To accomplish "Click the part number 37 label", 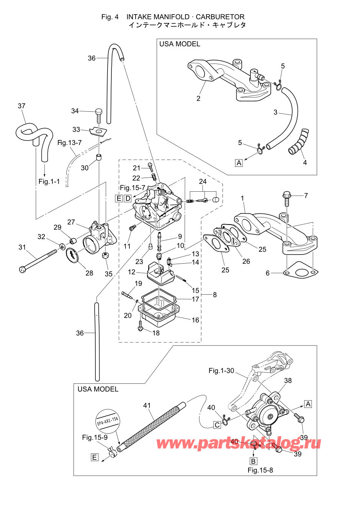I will click(x=21, y=106).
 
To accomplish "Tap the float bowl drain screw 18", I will click(x=141, y=326).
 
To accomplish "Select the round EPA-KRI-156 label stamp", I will click(x=107, y=421).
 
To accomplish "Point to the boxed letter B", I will click(x=253, y=461).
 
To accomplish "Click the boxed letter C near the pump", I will click(x=217, y=425).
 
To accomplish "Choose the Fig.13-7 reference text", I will click(x=69, y=143).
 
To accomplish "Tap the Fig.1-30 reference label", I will click(x=221, y=370).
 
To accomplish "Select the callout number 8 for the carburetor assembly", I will click(x=215, y=295).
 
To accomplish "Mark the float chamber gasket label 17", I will click(x=195, y=299).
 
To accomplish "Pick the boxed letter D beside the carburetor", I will click(x=128, y=198).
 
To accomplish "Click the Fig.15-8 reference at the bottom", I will click(x=260, y=470).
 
